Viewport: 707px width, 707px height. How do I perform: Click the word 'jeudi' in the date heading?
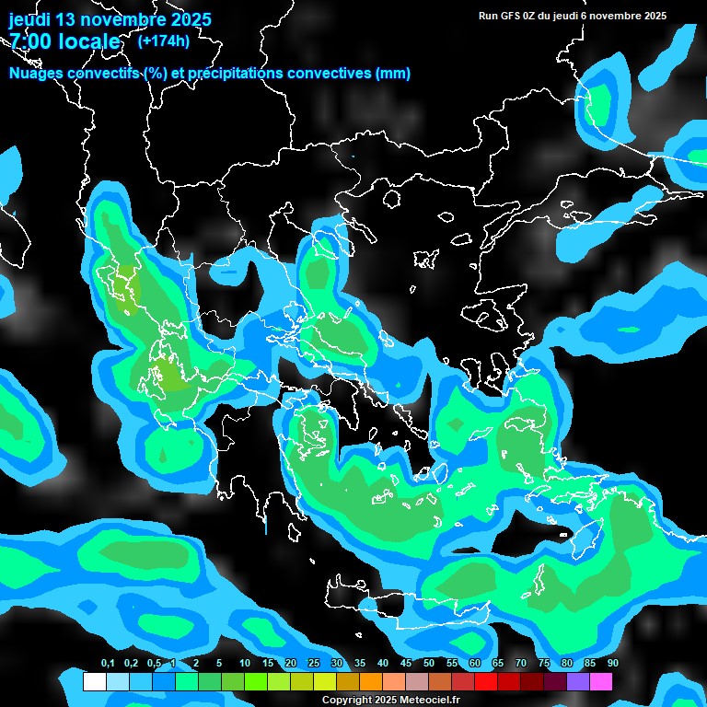29,19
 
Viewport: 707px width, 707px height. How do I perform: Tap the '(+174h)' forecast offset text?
163,41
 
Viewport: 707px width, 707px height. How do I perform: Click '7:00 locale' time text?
64,41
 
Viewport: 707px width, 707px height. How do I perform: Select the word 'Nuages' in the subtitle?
36,73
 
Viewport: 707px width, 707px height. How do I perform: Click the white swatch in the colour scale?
94,681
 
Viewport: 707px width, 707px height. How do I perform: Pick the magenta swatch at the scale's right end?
600,681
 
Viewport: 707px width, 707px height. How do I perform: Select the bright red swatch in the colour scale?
485,681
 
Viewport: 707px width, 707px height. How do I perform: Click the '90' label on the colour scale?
613,664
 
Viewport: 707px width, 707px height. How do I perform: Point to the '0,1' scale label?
108,664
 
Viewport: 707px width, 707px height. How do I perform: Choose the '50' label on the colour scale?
429,664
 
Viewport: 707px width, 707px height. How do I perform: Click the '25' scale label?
314,664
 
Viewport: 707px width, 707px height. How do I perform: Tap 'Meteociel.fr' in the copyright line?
429,700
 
